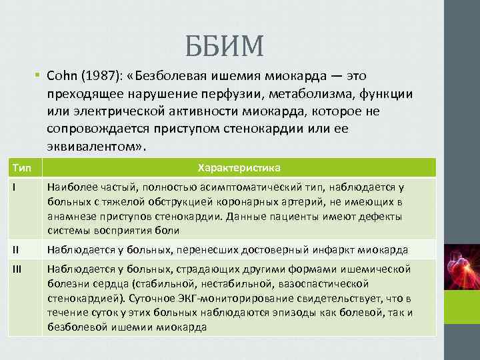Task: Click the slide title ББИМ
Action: [x=224, y=45]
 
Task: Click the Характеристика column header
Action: [x=238, y=167]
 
